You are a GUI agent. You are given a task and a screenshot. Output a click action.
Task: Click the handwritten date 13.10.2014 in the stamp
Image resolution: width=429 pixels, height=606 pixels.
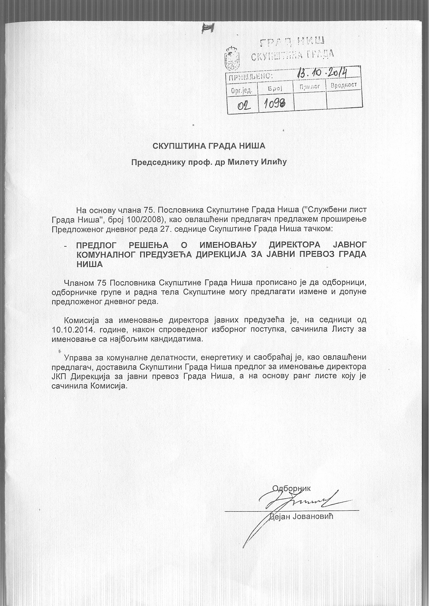tap(323, 74)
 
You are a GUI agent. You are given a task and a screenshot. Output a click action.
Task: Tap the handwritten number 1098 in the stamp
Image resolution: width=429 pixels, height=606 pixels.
tap(277, 103)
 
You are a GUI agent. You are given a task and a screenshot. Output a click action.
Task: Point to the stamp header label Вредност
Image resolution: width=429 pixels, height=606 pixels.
tap(343, 86)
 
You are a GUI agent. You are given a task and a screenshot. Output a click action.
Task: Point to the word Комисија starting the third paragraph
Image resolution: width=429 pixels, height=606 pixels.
tap(81, 319)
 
